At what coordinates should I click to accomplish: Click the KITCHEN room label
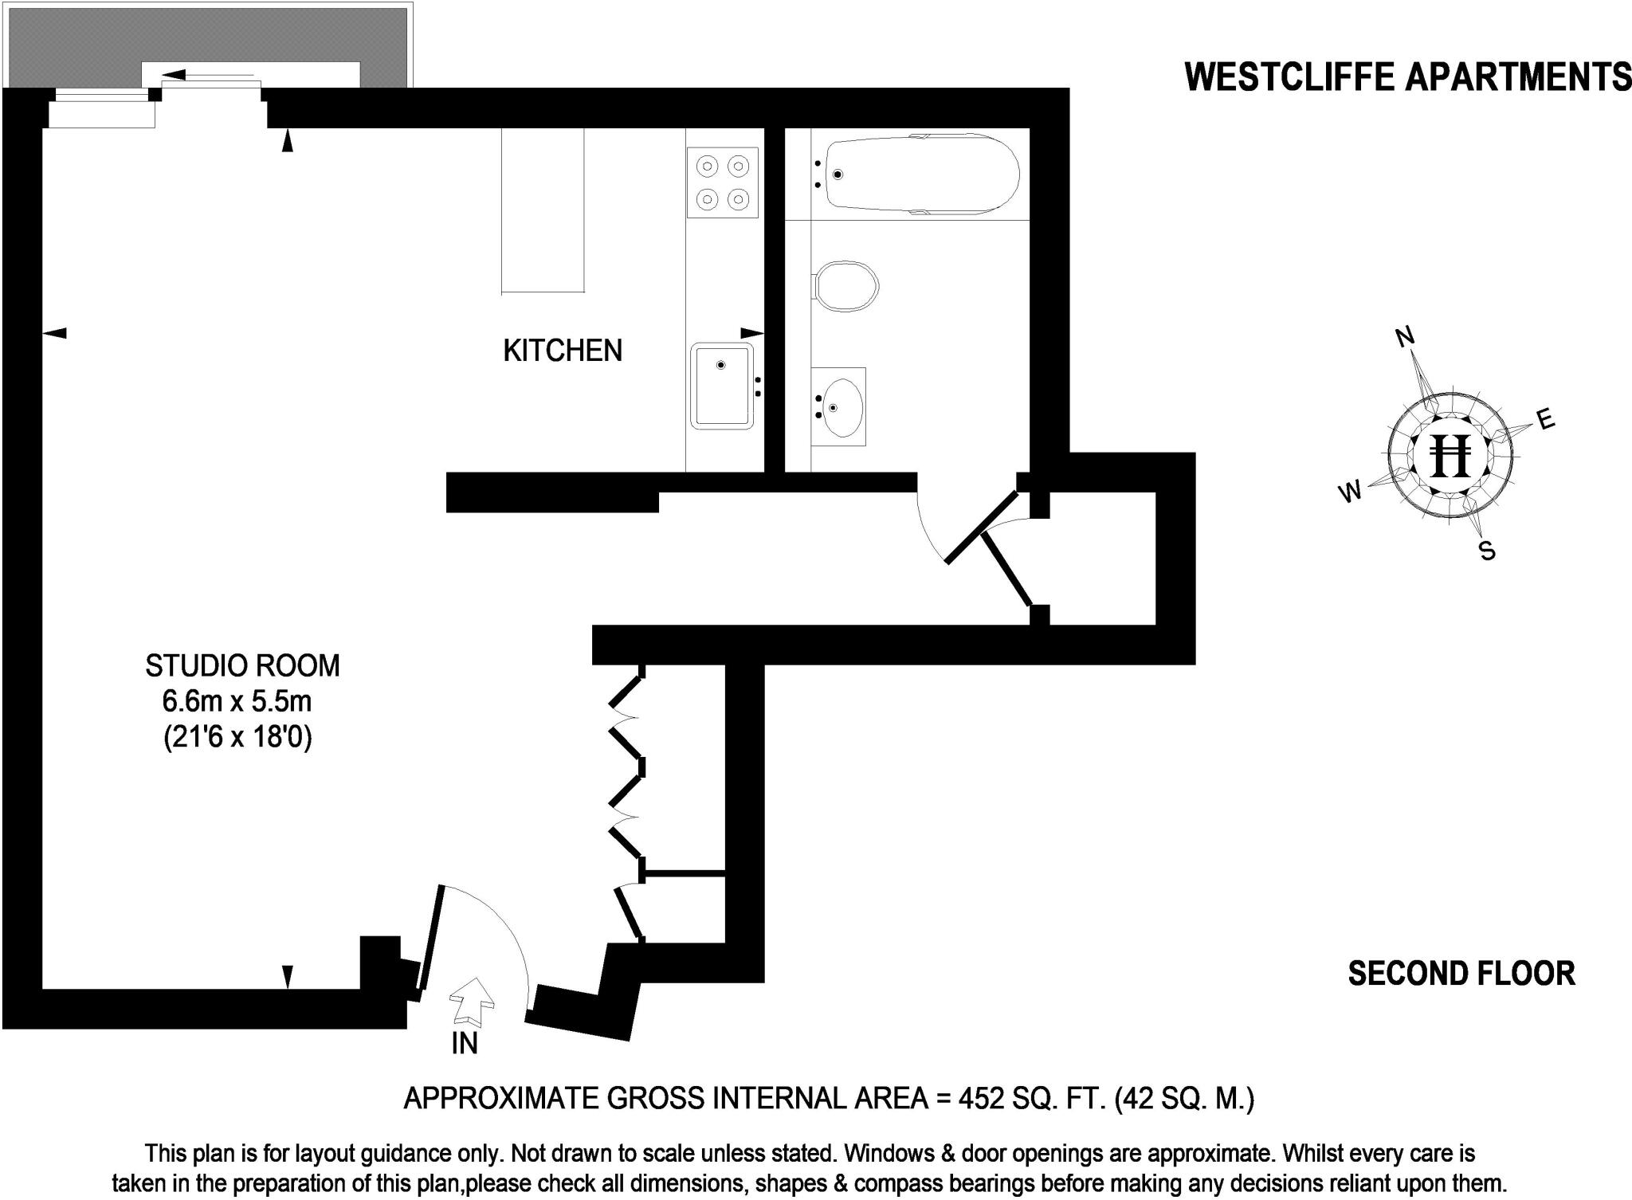click(563, 351)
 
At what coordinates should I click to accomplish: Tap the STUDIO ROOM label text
click(242, 665)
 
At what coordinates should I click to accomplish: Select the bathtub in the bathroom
click(922, 175)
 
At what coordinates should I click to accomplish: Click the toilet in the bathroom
click(846, 285)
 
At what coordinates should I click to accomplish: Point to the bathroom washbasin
click(839, 407)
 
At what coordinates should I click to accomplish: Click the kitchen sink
click(722, 386)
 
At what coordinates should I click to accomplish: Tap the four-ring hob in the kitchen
click(722, 182)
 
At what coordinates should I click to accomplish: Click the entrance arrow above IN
click(473, 1001)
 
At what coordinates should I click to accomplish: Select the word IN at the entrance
click(464, 1044)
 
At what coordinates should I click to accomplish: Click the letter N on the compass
click(1405, 337)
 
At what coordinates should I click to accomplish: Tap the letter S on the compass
click(1487, 551)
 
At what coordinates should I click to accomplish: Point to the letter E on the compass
click(1545, 419)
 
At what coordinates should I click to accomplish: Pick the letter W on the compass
click(1350, 493)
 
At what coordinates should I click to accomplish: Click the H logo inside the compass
click(1450, 457)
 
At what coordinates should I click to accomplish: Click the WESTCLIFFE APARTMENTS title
click(1407, 77)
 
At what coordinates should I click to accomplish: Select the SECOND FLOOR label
click(1461, 974)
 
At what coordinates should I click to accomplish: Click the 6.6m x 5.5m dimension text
click(237, 702)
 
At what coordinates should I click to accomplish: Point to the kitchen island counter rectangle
click(543, 210)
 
